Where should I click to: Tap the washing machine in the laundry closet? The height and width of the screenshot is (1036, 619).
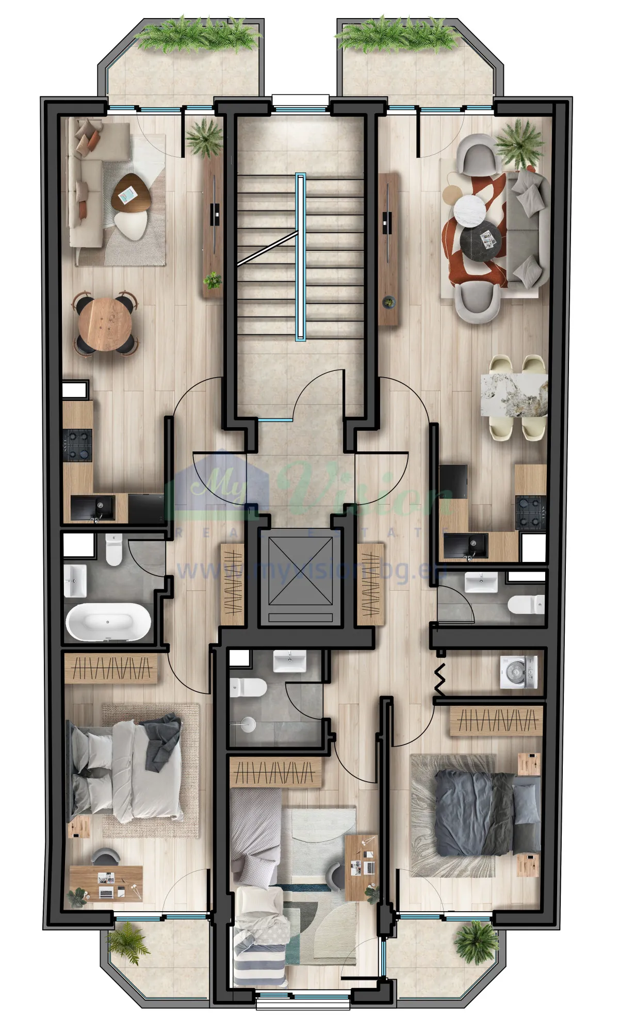point(518,672)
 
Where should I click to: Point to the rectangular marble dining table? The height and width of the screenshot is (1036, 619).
point(514,395)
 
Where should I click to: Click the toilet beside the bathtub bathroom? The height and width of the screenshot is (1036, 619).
point(113,550)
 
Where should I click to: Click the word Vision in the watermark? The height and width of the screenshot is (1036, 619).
point(361,490)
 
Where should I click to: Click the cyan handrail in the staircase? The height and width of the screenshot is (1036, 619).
point(300,257)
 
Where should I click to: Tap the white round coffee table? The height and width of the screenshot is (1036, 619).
point(470,209)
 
